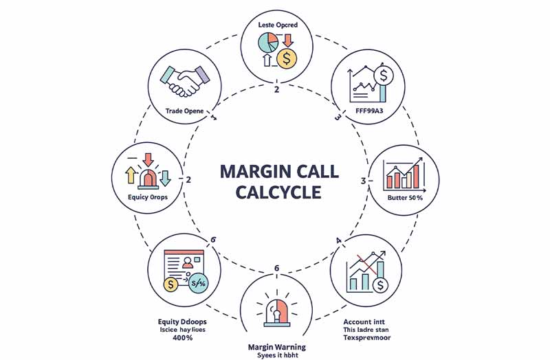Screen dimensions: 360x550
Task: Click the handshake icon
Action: coord(184,82)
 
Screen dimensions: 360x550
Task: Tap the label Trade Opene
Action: coord(184,111)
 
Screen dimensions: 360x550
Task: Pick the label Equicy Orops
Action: coord(148,196)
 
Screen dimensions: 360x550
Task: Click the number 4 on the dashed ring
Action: coord(338,240)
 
